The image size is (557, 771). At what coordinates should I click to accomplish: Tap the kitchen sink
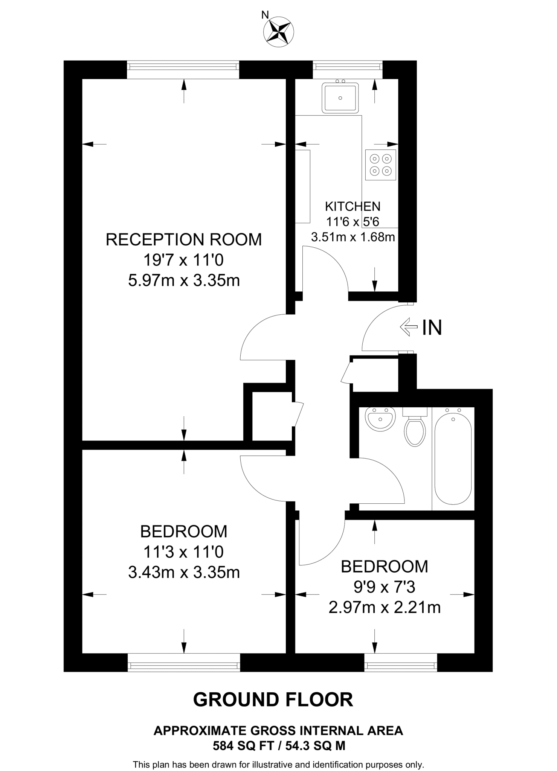pyautogui.click(x=340, y=98)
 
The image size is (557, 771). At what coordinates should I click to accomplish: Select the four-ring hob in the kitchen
pyautogui.click(x=380, y=165)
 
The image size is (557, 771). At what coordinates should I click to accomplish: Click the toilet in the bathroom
pyautogui.click(x=415, y=429)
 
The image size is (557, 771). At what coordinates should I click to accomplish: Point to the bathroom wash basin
pyautogui.click(x=380, y=419)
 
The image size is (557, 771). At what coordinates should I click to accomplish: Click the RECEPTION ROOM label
pyautogui.click(x=184, y=240)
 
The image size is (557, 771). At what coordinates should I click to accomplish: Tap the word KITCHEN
pyautogui.click(x=353, y=206)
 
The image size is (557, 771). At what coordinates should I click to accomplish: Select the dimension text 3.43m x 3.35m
pyautogui.click(x=184, y=573)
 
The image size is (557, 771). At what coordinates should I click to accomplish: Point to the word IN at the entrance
pyautogui.click(x=432, y=328)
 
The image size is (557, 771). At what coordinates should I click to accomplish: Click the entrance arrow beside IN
pyautogui.click(x=409, y=327)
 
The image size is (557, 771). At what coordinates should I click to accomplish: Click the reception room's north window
pyautogui.click(x=183, y=67)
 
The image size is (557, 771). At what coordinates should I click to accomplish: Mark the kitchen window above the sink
pyautogui.click(x=348, y=67)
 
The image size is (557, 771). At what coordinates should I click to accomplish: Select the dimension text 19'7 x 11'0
pyautogui.click(x=184, y=260)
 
